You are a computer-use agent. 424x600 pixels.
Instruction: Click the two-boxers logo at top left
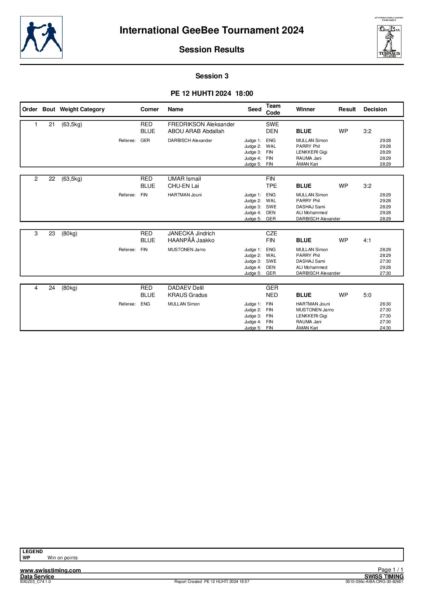point(41,37)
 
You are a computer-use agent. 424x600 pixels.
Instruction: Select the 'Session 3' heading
point(212,76)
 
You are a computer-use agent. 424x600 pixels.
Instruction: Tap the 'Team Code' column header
point(273,109)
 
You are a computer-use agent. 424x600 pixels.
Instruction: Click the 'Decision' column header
point(375,109)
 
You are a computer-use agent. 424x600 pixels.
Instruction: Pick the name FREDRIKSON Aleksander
point(201,124)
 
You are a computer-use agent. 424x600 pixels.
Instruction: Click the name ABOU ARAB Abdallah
point(196,131)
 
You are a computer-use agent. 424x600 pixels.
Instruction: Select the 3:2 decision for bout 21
point(367,131)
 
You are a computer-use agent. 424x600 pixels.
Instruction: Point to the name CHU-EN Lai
point(183,186)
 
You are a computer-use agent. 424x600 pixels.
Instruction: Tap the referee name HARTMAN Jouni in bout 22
point(185,195)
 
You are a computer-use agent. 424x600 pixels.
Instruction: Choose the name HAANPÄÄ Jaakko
point(191,240)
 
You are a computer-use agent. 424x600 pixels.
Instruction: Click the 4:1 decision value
point(367,240)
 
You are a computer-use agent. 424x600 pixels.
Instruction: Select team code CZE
point(271,233)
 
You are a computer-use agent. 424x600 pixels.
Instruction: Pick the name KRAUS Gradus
point(187,295)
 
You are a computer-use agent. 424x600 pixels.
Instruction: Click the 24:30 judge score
point(385,328)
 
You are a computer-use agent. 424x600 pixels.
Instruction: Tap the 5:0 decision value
point(367,295)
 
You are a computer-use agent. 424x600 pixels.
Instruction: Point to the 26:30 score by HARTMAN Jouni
point(385,304)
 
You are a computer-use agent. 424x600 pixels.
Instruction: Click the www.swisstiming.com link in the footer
point(51,570)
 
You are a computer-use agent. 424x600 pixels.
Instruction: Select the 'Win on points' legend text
point(63,558)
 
